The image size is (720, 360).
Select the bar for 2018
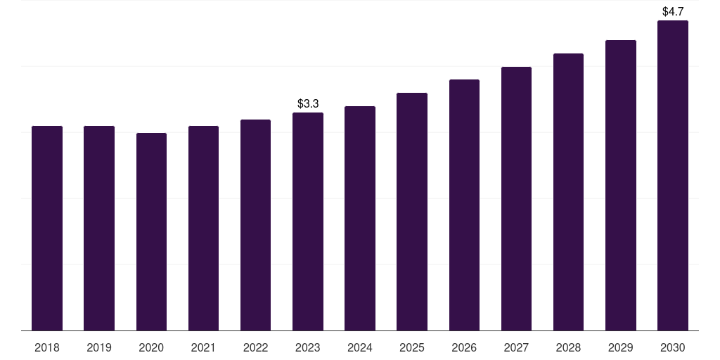coord(47,229)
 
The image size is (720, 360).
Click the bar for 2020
coord(152,232)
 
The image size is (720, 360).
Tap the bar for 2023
coord(308,221)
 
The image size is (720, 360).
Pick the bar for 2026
coord(464,205)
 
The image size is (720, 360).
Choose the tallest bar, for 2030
coord(673,175)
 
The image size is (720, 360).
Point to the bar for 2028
coord(568,192)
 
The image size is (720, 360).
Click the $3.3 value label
coord(308,104)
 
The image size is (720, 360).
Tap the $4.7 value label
coord(673,11)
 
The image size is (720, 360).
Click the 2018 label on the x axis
coord(47,347)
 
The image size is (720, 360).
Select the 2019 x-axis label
coord(99,347)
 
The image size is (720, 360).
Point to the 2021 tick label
coord(203,347)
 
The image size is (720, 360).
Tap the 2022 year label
coord(255,347)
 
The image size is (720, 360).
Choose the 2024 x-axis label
coord(360,347)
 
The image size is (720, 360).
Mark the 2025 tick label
coord(412,347)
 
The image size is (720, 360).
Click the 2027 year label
coord(516,347)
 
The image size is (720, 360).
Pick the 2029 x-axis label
coord(620,347)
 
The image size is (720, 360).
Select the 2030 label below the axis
coord(673,347)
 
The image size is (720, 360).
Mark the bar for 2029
coord(621,186)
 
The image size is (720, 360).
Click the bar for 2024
coord(360,218)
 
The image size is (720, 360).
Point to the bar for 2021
coord(203,229)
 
